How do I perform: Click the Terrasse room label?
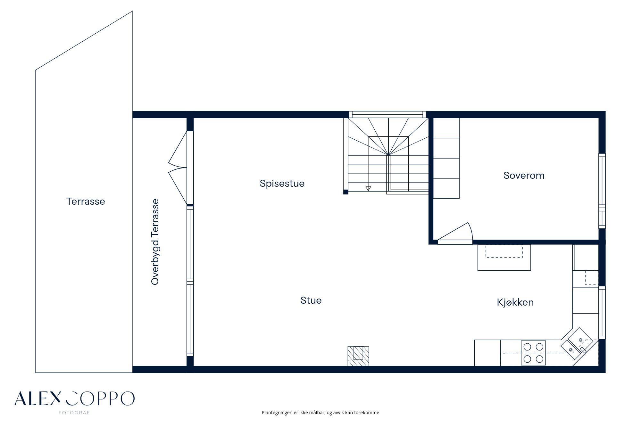click(86, 201)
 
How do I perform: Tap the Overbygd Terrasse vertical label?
click(155, 242)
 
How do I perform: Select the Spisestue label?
click(282, 184)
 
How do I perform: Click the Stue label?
click(311, 300)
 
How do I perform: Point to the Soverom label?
click(524, 176)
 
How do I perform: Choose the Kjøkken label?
click(515, 302)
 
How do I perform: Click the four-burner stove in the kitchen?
click(533, 353)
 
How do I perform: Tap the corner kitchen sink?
click(577, 343)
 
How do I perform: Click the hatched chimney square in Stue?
click(358, 356)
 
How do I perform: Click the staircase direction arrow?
click(368, 189)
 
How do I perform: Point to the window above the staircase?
click(387, 114)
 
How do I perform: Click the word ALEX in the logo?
click(37, 398)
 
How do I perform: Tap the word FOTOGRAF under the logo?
click(74, 413)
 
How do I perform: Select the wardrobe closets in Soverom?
click(446, 158)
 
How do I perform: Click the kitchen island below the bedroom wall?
click(504, 258)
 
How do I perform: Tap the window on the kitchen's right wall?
click(602, 313)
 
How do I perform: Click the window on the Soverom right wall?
click(602, 191)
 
